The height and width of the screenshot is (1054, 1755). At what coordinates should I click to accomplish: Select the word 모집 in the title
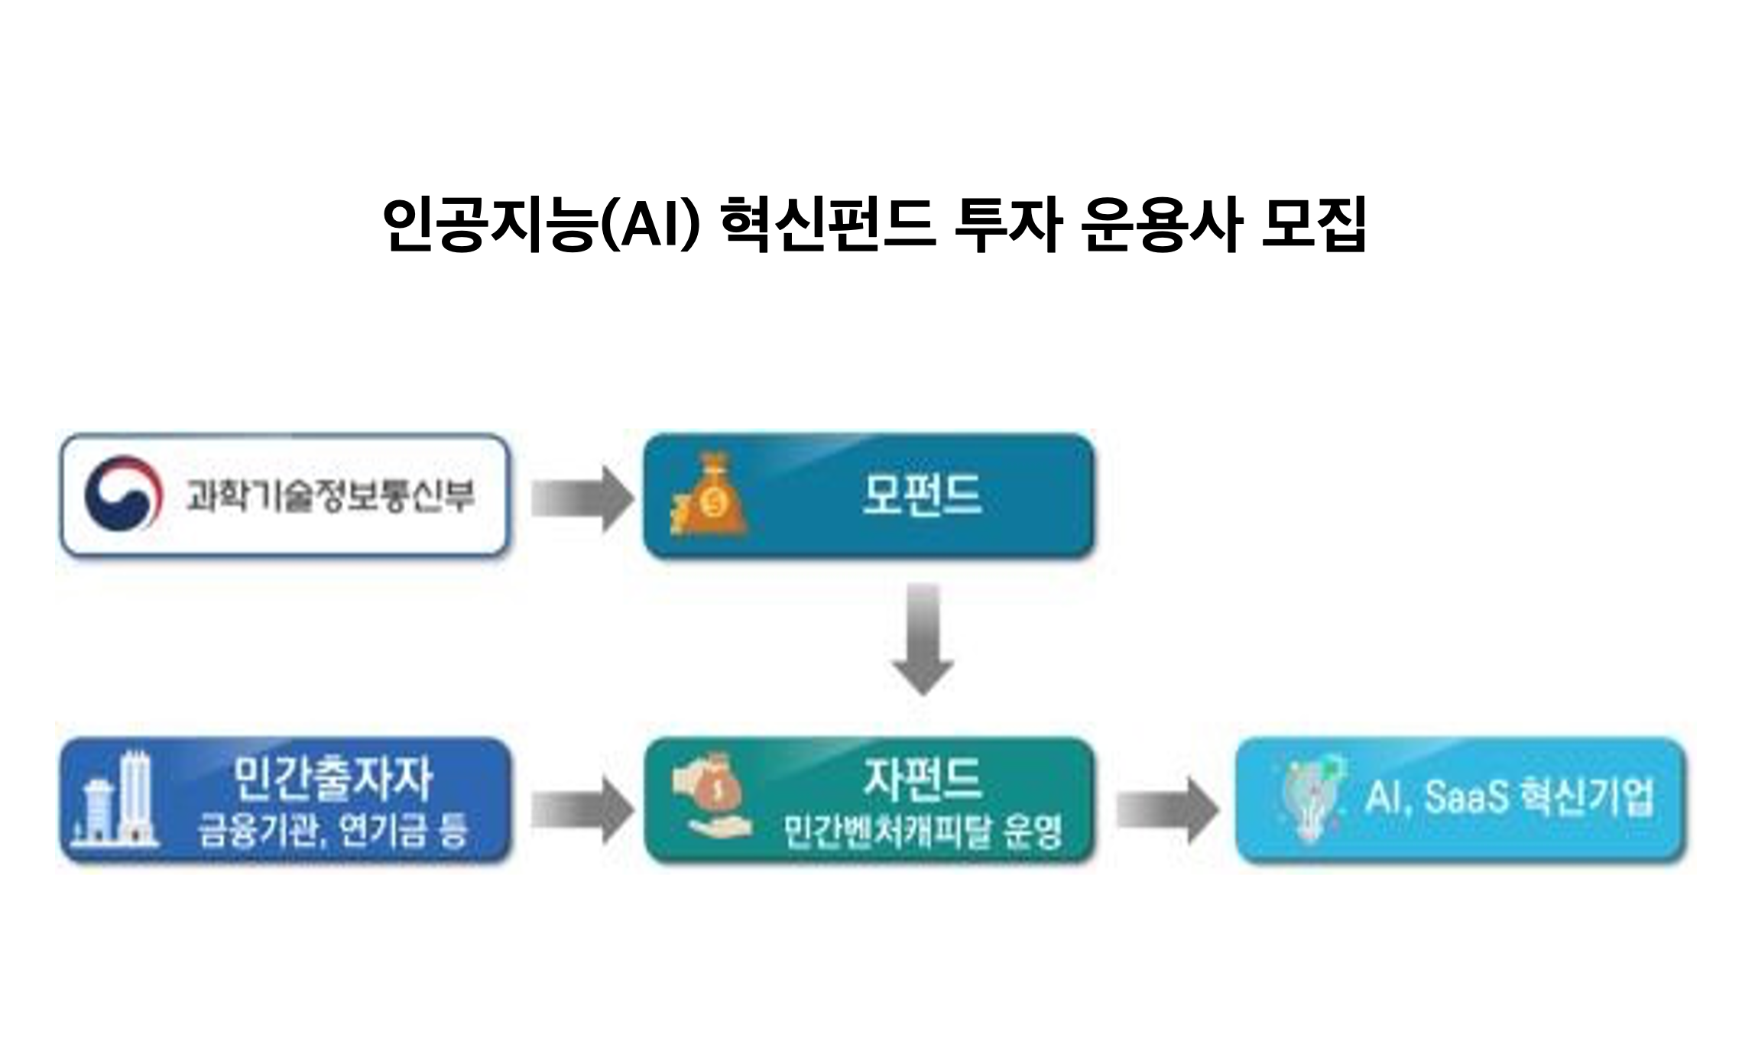pos(1313,224)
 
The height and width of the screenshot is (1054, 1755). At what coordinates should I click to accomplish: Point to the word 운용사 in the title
pos(1162,224)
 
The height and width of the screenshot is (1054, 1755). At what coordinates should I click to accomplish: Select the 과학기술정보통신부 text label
pos(330,496)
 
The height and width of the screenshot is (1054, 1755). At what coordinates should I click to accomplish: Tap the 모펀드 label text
pos(922,495)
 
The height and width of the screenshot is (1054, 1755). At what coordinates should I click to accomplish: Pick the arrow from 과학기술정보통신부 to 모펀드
pos(582,498)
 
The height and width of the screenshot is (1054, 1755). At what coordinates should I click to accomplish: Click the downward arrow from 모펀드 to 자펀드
pos(923,639)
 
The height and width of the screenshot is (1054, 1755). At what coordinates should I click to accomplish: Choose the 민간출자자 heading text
pos(333,778)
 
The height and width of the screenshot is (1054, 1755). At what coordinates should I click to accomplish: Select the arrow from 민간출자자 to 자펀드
pos(582,810)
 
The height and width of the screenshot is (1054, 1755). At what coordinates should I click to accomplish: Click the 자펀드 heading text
pos(922,778)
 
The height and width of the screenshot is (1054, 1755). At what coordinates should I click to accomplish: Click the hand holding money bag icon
pos(712,803)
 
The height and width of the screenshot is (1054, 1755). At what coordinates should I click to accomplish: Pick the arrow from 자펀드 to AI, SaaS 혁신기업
pos(1168,810)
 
